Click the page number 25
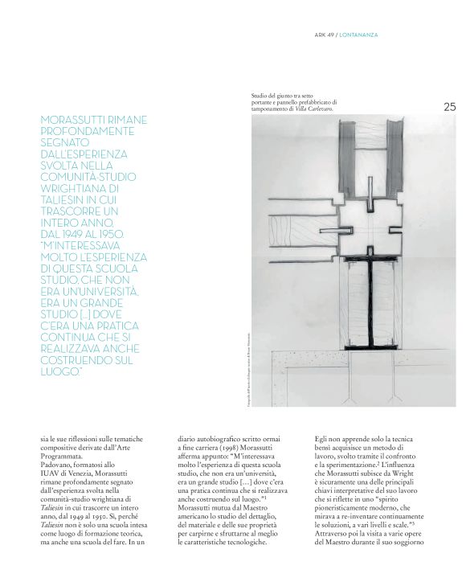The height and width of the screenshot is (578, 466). click(448, 106)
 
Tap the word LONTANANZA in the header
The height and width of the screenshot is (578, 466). click(358, 35)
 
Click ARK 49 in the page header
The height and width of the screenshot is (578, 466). click(323, 35)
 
